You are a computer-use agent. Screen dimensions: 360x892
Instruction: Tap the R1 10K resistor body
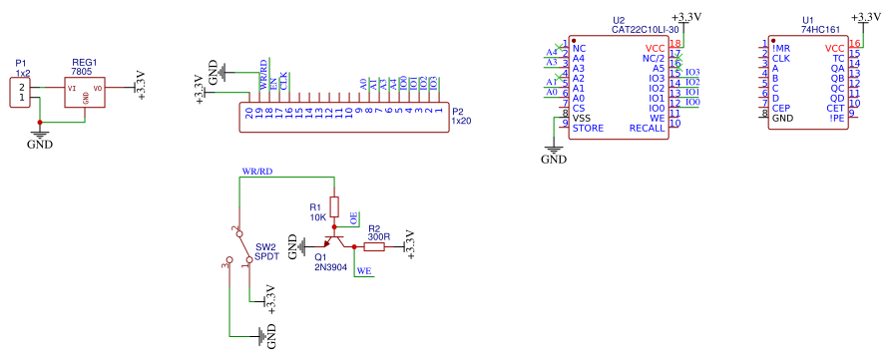tap(334, 207)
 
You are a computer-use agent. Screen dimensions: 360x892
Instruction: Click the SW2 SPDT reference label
tap(266, 251)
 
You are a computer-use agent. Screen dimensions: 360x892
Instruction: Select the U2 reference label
tap(619, 20)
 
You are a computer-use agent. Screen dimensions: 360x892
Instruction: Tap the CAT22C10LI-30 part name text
tap(646, 30)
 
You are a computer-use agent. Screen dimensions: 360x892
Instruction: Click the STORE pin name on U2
tap(588, 128)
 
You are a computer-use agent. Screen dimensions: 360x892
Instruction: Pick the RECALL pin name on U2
tap(647, 128)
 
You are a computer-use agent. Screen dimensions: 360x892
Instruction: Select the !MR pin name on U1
tap(780, 48)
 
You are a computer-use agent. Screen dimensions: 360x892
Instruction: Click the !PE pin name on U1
tap(836, 118)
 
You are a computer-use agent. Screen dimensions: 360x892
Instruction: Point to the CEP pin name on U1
tap(782, 108)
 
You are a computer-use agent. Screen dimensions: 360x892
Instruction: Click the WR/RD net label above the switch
tap(256, 172)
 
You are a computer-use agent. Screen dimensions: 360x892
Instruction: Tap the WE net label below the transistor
tap(364, 270)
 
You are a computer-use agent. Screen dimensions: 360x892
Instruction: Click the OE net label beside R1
tap(353, 217)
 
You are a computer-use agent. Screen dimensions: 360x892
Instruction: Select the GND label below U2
tap(554, 159)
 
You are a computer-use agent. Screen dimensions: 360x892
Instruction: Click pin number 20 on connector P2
tap(248, 114)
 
